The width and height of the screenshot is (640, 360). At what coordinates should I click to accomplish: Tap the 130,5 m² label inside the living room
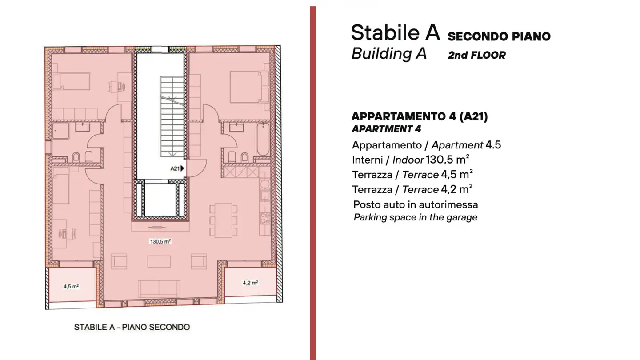point(160,242)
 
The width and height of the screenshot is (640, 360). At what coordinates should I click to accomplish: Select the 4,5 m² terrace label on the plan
point(71,287)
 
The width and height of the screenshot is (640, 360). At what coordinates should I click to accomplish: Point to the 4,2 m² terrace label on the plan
point(251,283)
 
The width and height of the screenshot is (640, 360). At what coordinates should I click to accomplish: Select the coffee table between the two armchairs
point(159,261)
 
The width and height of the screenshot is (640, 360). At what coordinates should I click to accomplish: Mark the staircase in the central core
point(172,116)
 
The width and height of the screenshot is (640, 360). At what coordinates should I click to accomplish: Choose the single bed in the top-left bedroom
point(71,81)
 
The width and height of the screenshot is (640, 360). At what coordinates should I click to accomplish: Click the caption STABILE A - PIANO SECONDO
point(132,328)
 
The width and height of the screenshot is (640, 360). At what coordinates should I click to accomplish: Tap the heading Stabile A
point(395,33)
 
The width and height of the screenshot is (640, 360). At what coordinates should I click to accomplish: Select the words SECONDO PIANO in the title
point(499,36)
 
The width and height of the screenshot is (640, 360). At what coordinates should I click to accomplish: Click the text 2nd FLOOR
point(477,56)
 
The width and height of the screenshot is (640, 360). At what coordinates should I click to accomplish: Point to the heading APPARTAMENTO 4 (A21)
point(419,116)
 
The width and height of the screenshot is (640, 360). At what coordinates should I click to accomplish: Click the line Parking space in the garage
point(415,218)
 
